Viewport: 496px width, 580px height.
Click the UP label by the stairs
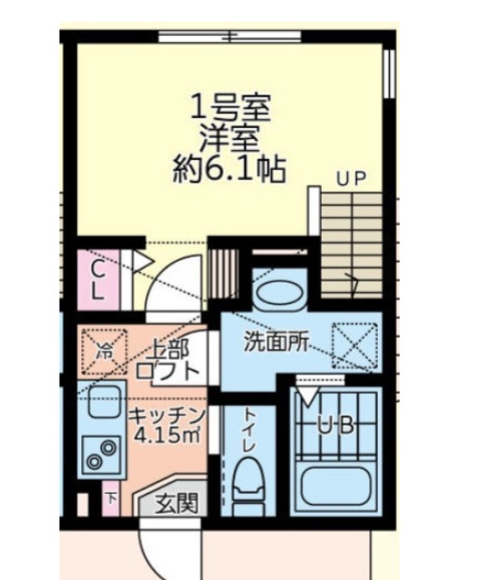pyautogui.click(x=353, y=178)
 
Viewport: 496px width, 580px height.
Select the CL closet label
pyautogui.click(x=98, y=280)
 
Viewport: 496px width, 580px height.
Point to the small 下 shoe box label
pyautogui.click(x=111, y=498)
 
